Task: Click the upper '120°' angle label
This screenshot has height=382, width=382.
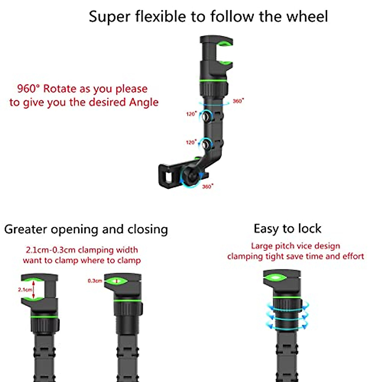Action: point(191,114)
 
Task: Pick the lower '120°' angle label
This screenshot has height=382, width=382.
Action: point(191,142)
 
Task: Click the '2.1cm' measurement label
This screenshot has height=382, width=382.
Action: point(25,290)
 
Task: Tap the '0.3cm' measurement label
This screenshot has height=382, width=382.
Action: point(95,281)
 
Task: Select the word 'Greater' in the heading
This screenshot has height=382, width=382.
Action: point(25,229)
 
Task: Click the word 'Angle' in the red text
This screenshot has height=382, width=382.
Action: point(144,102)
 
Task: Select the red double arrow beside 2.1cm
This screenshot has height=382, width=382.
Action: point(34,290)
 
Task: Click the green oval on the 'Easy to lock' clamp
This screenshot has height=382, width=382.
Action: point(275,278)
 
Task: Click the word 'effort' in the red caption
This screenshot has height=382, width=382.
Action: point(353,256)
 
